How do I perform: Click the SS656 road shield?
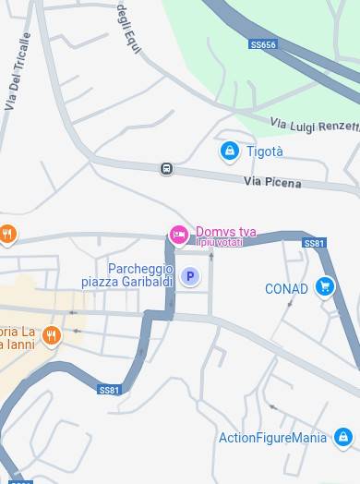click(263, 44)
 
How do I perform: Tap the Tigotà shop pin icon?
click(229, 151)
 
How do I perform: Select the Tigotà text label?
click(265, 151)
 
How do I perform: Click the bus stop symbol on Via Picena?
click(166, 168)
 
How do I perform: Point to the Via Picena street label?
click(272, 182)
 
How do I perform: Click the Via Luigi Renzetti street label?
click(314, 124)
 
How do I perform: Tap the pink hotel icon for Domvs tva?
click(179, 235)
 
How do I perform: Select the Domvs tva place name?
click(225, 232)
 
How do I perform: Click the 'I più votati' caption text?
click(220, 243)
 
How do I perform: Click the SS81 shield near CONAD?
click(314, 243)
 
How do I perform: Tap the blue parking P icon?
click(190, 276)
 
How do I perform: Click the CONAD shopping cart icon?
click(324, 287)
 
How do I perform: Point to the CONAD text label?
click(286, 289)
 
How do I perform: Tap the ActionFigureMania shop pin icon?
click(343, 437)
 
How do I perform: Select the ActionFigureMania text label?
click(272, 438)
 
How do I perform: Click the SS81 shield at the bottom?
click(109, 390)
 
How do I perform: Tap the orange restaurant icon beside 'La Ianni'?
click(51, 336)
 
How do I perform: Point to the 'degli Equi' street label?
click(128, 28)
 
